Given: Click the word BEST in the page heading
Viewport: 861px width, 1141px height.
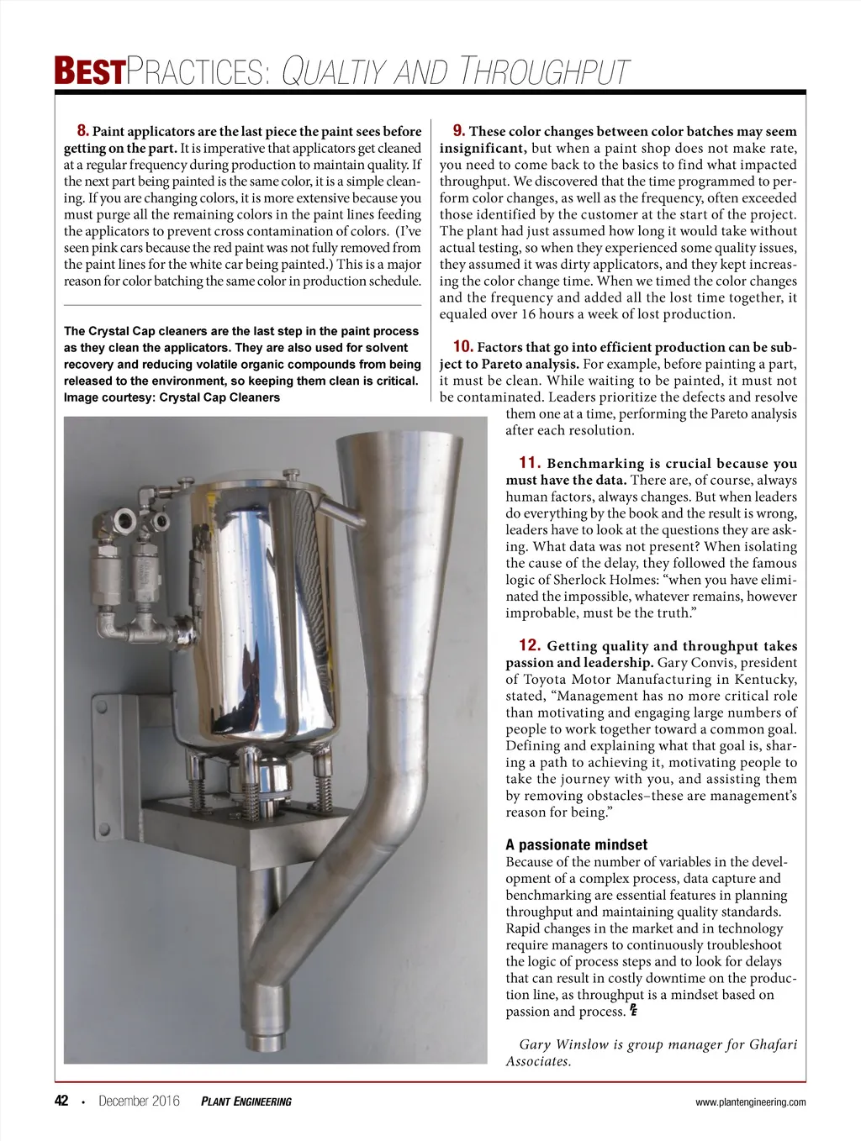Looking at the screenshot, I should pyautogui.click(x=89, y=72).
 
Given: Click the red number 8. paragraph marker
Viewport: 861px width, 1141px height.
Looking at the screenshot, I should pyautogui.click(x=82, y=131).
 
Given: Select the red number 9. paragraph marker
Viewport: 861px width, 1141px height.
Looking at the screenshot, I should pyautogui.click(x=459, y=131).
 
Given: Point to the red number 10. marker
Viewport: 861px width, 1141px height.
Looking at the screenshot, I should pyautogui.click(x=462, y=347).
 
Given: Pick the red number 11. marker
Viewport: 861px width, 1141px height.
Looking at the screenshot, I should pyautogui.click(x=529, y=463).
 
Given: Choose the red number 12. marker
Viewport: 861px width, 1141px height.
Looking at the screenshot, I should pyautogui.click(x=529, y=646).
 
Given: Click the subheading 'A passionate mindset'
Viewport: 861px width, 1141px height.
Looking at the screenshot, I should pyautogui.click(x=576, y=845).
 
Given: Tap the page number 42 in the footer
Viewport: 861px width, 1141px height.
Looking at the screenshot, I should pyautogui.click(x=61, y=1102).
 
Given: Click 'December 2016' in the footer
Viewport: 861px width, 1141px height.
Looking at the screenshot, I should pyautogui.click(x=139, y=1102).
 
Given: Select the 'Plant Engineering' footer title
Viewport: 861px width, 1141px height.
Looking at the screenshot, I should pyautogui.click(x=246, y=1102).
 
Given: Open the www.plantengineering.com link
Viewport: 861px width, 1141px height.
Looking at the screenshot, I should pyautogui.click(x=750, y=1102).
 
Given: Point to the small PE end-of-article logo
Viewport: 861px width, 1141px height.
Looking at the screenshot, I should pyautogui.click(x=633, y=1009).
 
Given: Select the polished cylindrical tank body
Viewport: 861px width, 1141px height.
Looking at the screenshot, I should pyautogui.click(x=261, y=605).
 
